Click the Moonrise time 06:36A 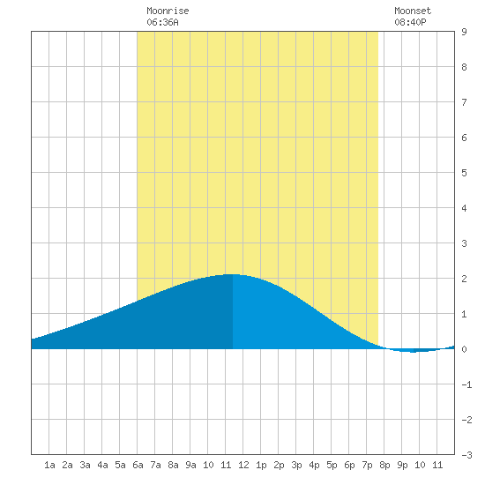click(x=162, y=22)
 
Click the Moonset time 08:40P click(x=410, y=22)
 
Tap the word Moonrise click(x=168, y=11)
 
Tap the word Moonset click(x=413, y=11)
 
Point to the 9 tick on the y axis click(x=464, y=32)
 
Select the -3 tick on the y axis click(x=466, y=455)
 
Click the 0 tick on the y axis click(x=464, y=349)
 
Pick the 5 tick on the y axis click(x=464, y=173)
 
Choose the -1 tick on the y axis click(x=466, y=384)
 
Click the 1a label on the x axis click(x=49, y=465)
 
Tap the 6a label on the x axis click(x=138, y=465)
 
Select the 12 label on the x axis click(x=243, y=465)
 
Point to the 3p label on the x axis click(x=296, y=465)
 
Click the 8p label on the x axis click(x=384, y=465)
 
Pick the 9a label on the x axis click(x=190, y=465)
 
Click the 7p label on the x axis click(x=367, y=465)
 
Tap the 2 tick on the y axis click(x=464, y=279)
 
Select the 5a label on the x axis click(x=120, y=465)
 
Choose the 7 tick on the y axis click(x=464, y=102)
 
